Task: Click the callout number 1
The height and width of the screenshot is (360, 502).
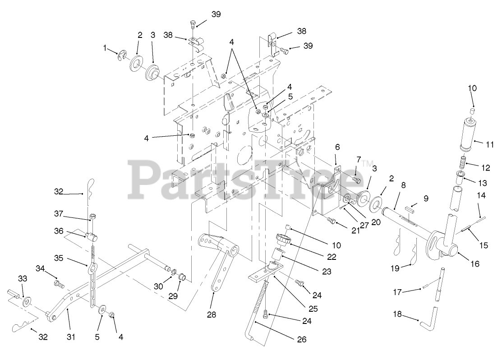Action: point(105,47)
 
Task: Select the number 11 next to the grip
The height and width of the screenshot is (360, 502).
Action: point(490,144)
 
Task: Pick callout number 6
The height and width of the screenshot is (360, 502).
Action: point(336,147)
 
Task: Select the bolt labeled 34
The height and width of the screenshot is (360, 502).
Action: point(59,284)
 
